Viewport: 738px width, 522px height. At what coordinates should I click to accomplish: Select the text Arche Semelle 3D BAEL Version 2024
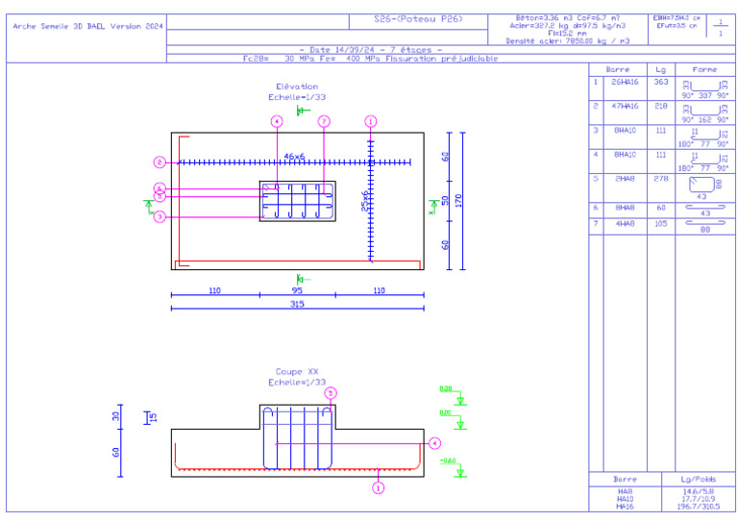point(86,26)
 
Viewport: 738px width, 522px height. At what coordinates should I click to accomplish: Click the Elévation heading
point(297,87)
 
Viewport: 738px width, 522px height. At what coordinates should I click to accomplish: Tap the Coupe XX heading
point(297,371)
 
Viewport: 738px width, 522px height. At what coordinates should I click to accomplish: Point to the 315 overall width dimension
point(297,304)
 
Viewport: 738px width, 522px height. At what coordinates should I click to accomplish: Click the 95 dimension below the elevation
point(297,289)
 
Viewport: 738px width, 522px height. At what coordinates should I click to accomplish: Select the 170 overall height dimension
point(459,201)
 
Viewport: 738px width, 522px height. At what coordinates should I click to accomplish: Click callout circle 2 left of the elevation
point(160,162)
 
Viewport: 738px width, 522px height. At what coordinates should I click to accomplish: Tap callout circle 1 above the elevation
point(371,121)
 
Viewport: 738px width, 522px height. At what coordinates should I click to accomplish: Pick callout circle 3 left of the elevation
point(160,217)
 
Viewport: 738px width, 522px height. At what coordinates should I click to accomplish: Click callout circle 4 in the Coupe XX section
point(435,443)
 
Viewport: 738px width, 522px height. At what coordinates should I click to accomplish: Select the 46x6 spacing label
point(294,156)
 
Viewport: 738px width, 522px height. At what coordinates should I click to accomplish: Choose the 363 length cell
point(661,83)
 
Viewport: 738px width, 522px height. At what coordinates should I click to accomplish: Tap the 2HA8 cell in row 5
point(624,178)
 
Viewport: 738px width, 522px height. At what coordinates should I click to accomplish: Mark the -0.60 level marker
point(448,460)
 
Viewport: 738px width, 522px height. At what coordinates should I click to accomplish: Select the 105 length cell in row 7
point(661,223)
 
